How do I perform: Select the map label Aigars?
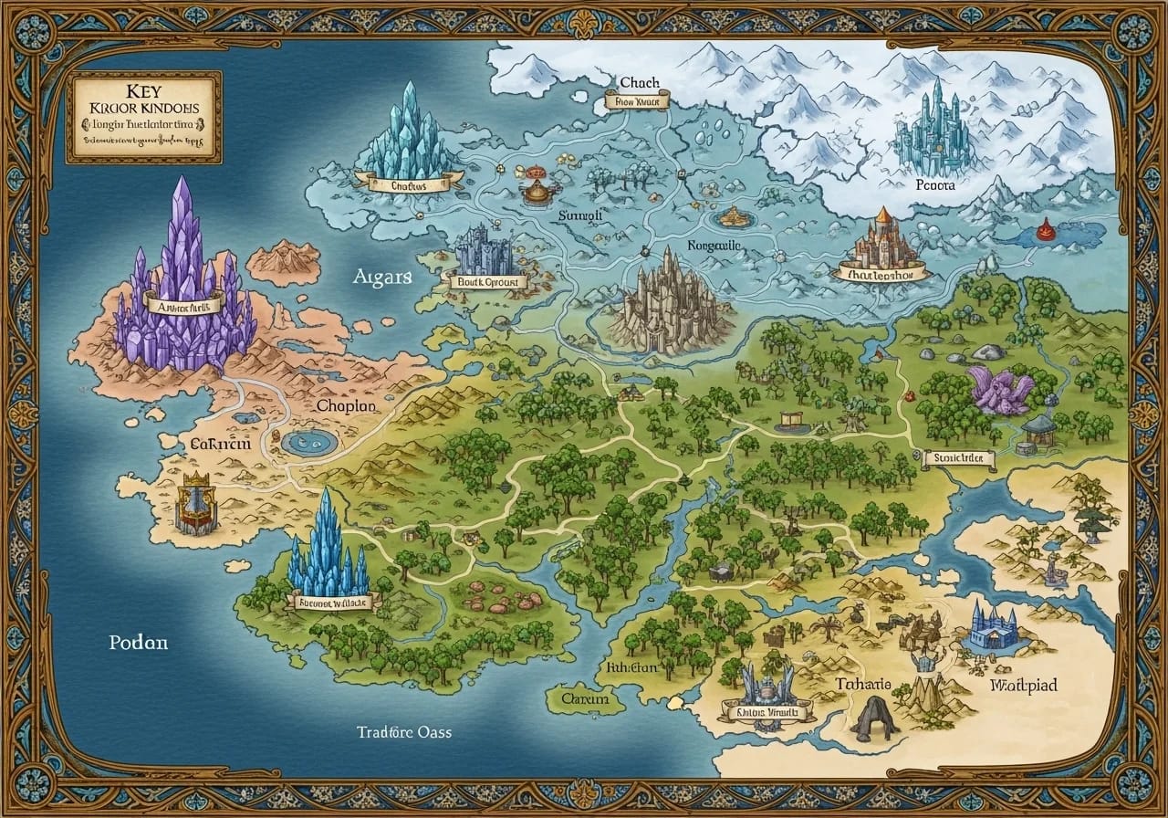coord(382,278)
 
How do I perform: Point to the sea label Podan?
coord(139,642)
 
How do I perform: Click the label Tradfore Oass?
coord(404,732)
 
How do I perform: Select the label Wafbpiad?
coord(1024,685)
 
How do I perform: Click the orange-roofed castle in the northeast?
coord(881,242)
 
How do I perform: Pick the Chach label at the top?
coord(639,83)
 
